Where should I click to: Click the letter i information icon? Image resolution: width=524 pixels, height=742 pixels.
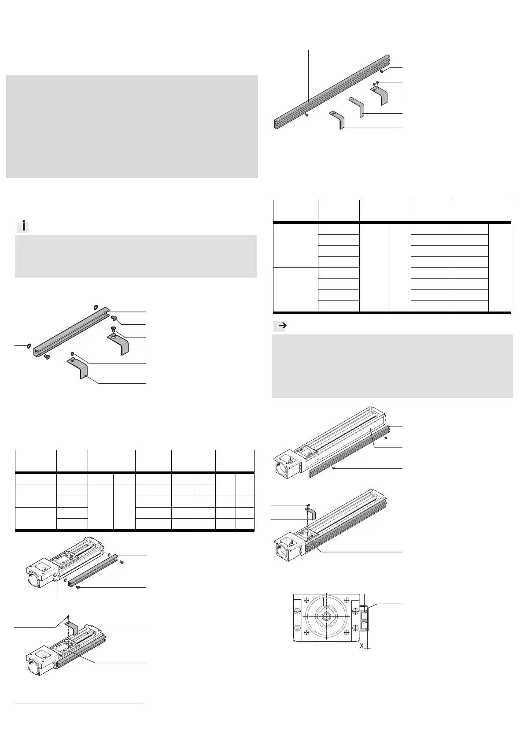[23, 227]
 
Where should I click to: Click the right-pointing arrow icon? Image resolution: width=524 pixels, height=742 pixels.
[280, 326]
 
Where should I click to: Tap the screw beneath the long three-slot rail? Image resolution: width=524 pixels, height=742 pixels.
[307, 115]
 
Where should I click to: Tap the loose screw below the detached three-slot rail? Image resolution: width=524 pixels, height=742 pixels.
[335, 468]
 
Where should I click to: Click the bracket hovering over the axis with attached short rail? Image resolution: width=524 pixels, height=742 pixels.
[71, 628]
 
